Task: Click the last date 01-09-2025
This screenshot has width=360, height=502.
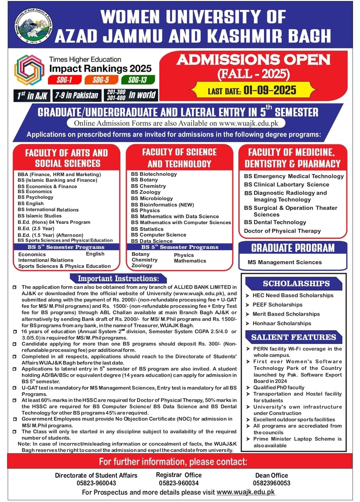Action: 270,90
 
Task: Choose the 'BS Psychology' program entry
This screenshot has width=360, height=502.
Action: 35,197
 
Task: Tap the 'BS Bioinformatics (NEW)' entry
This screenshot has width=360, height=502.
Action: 162,204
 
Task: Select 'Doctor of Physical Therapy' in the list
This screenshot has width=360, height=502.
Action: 282,231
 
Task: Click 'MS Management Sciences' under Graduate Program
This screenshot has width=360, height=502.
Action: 285,262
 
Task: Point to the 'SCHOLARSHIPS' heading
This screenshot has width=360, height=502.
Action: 296,284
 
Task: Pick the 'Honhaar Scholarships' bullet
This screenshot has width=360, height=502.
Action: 282,323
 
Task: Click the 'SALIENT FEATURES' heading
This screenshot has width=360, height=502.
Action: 293,337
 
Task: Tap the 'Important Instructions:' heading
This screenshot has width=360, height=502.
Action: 118,279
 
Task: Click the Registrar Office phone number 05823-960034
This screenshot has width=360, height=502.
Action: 179,483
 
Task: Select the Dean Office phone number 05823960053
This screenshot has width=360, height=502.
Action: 271,483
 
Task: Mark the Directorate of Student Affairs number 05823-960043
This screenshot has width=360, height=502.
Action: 96,483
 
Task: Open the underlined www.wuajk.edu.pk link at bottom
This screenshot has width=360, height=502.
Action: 246,492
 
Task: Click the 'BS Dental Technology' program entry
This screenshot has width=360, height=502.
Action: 275,222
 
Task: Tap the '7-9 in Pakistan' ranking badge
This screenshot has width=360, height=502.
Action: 77,96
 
